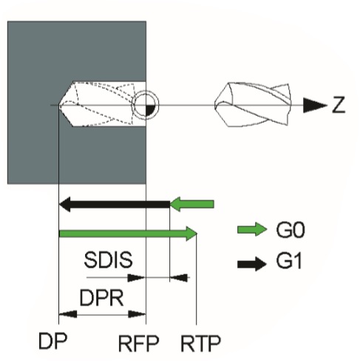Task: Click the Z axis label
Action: [339, 105]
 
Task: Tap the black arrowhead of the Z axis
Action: [315, 105]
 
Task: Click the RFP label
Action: [138, 344]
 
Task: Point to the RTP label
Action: [200, 344]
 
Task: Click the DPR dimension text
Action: [101, 298]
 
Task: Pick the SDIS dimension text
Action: [108, 259]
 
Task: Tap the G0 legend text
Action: [291, 230]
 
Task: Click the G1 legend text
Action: [289, 261]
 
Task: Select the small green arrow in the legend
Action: [252, 229]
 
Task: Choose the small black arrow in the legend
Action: [252, 264]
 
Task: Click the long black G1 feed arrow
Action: [115, 204]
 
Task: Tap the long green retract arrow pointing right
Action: [128, 234]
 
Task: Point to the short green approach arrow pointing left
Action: [192, 204]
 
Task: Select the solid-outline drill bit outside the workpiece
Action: [253, 105]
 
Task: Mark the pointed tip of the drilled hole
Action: [59, 105]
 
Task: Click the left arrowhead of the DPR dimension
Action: [68, 314]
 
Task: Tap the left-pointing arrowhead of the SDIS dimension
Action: [179, 277]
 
